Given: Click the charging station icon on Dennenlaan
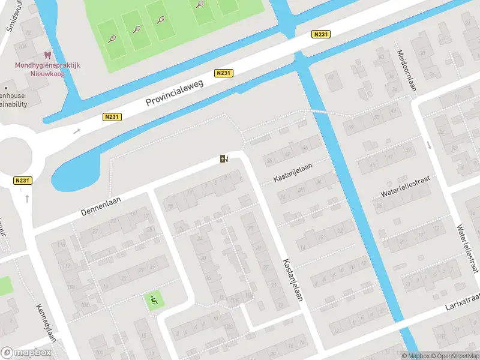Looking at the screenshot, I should click(x=224, y=159).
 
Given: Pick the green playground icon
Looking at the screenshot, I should click(x=154, y=300).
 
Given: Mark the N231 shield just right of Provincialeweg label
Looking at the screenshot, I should click(x=223, y=73).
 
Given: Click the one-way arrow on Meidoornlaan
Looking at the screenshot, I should click(x=430, y=145).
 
